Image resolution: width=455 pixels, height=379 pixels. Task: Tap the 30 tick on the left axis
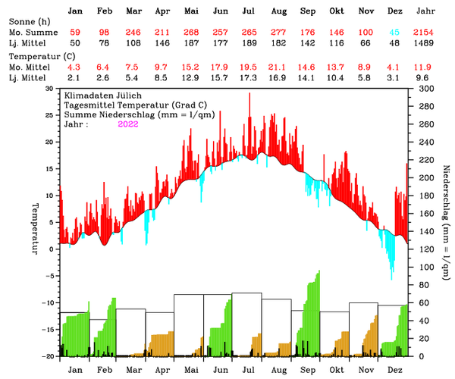[x=49, y=89]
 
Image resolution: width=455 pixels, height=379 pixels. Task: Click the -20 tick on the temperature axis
[x=47, y=356]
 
